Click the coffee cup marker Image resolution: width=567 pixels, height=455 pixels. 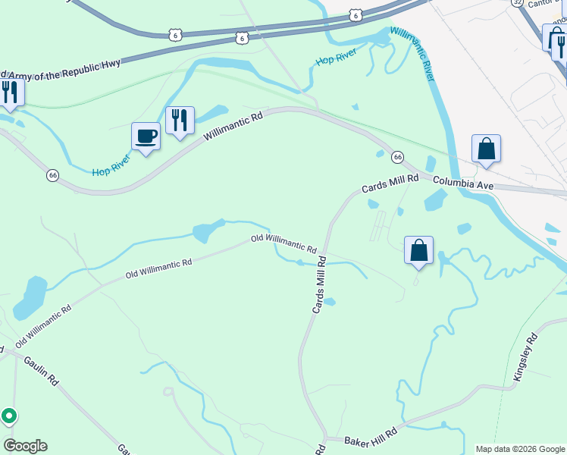[x=146, y=136]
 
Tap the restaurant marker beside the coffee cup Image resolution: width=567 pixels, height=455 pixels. [x=180, y=121]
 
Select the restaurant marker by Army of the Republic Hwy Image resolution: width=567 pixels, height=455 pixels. [x=10, y=93]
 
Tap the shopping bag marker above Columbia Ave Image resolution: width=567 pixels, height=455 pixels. [x=486, y=149]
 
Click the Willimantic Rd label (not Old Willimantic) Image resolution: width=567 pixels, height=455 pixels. [x=233, y=127]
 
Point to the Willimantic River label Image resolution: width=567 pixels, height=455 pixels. [x=412, y=55]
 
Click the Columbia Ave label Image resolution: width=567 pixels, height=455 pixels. [x=463, y=184]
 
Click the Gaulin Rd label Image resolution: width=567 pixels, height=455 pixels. [x=41, y=372]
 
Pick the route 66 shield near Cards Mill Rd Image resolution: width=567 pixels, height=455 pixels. [x=397, y=157]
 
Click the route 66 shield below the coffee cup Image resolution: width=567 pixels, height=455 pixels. [x=52, y=175]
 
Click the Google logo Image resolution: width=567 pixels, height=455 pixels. [x=25, y=446]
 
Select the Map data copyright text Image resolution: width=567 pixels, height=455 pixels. [x=520, y=449]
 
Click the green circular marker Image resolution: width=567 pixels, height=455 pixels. [x=9, y=416]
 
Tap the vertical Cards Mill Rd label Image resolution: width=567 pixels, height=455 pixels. [x=320, y=284]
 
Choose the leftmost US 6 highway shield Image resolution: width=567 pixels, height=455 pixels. [x=176, y=35]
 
